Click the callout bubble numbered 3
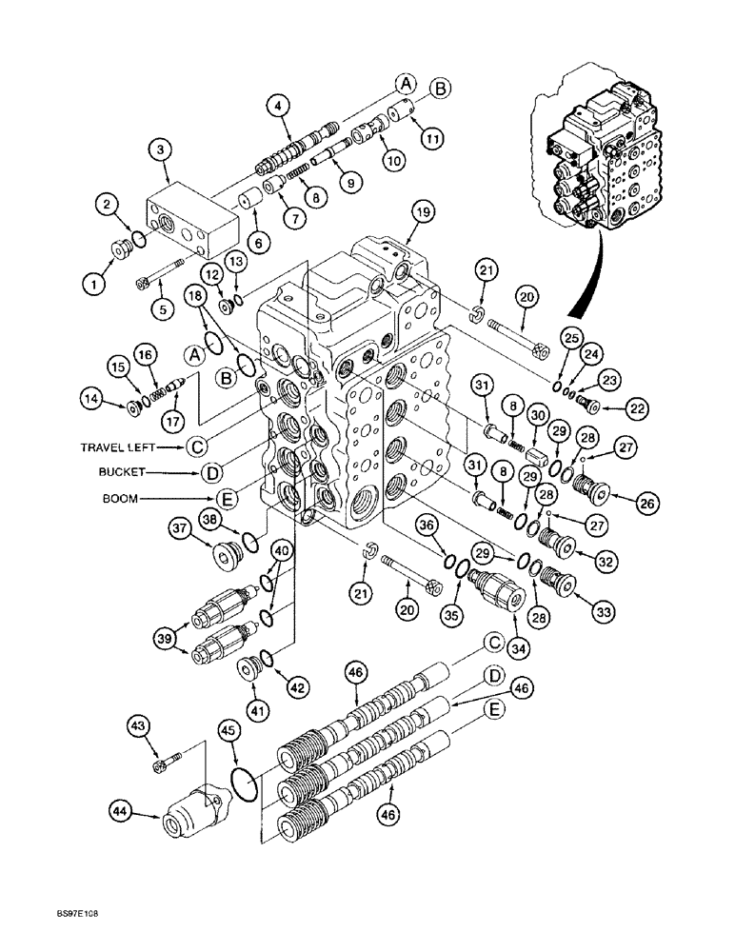[160, 149]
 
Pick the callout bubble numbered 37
[182, 527]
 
